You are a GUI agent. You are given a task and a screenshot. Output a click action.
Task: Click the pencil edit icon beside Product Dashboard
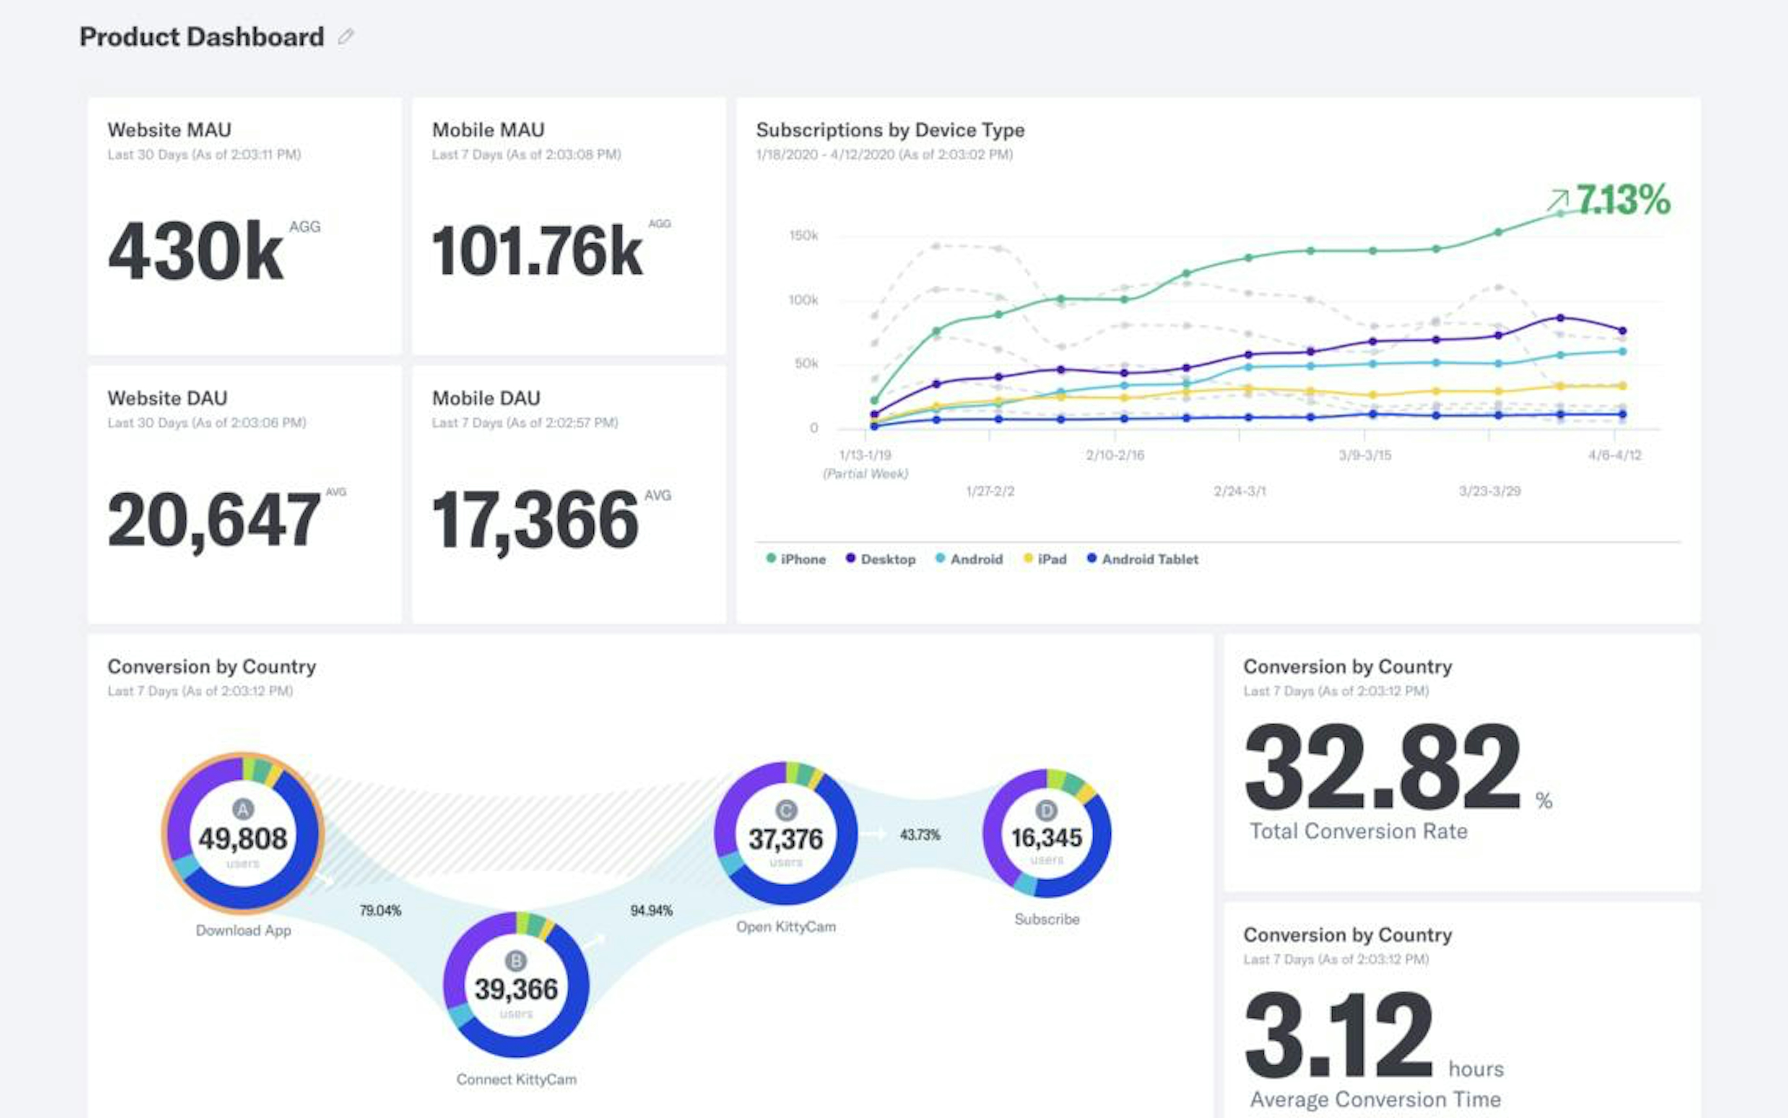click(345, 37)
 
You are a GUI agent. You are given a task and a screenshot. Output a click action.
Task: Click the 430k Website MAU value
click(195, 251)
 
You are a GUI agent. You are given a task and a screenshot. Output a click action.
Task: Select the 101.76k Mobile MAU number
click(537, 251)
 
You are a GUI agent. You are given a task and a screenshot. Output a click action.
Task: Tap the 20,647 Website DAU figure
click(214, 520)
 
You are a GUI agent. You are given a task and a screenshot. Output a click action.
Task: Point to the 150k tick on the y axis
click(803, 236)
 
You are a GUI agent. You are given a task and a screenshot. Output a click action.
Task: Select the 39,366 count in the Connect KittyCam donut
click(516, 990)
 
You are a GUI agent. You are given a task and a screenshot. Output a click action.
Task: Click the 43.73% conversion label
click(920, 835)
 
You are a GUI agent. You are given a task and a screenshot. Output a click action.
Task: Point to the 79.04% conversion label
click(380, 911)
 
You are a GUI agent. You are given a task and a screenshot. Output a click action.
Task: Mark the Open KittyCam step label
click(786, 927)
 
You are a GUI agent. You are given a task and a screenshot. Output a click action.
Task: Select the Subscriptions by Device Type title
click(890, 130)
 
